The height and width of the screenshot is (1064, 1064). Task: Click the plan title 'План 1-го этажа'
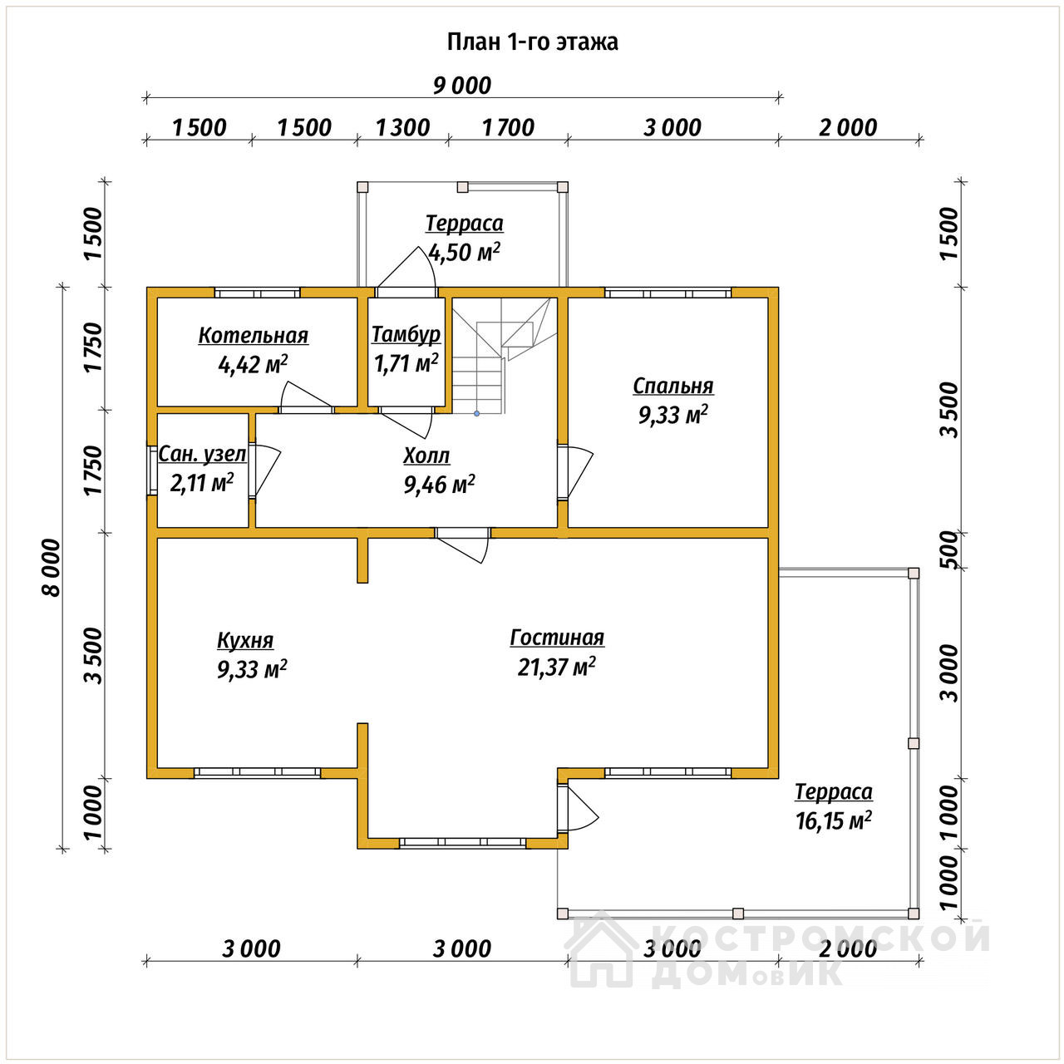[x=532, y=42]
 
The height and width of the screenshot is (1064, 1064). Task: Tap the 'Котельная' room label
[x=253, y=336]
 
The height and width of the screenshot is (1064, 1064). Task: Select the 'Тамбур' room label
[x=406, y=335]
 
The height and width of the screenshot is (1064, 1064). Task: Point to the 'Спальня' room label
[x=672, y=386]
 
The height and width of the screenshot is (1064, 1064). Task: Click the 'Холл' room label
[x=426, y=456]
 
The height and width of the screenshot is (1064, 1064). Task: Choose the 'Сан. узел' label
[x=202, y=454]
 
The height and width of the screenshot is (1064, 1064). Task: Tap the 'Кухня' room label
[x=245, y=640]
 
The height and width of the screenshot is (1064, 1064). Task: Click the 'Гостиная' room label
[x=557, y=638]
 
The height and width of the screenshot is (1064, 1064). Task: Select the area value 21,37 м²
[x=556, y=667]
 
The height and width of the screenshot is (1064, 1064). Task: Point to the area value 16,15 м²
[x=833, y=820]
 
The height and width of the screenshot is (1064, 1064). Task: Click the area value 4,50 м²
[x=464, y=253]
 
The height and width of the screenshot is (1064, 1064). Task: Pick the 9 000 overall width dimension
[x=461, y=86]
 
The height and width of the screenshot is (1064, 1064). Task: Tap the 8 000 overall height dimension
[x=51, y=567]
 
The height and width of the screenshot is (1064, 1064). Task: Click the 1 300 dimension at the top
[x=402, y=128]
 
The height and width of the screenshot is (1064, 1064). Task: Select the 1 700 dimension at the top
[x=508, y=128]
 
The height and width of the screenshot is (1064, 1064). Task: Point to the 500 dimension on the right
[x=950, y=549]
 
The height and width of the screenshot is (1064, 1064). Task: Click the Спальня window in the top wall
[x=668, y=293]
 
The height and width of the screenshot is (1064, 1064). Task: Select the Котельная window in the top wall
[x=257, y=293]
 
